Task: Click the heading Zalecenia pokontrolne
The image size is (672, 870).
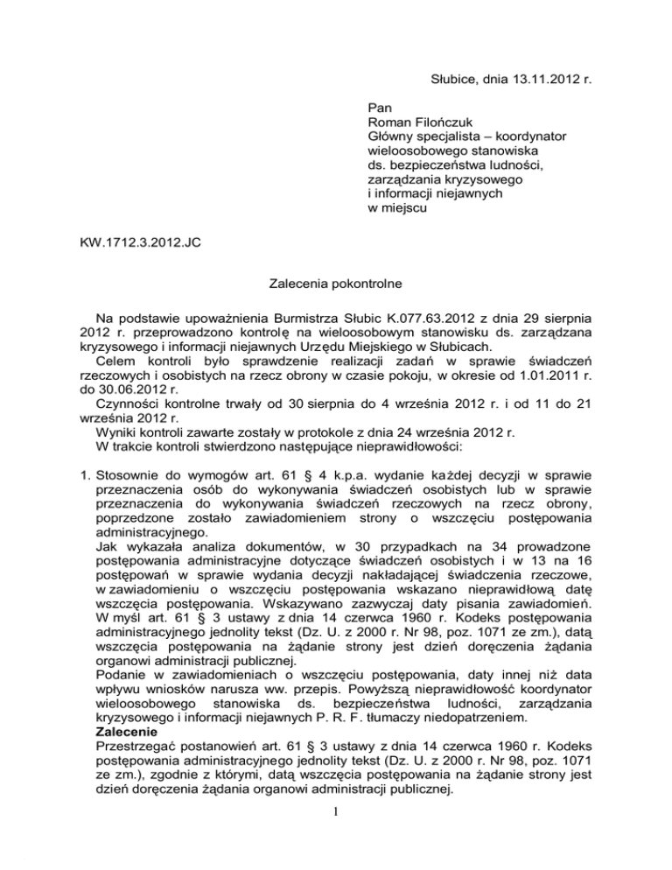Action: pyautogui.click(x=335, y=284)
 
